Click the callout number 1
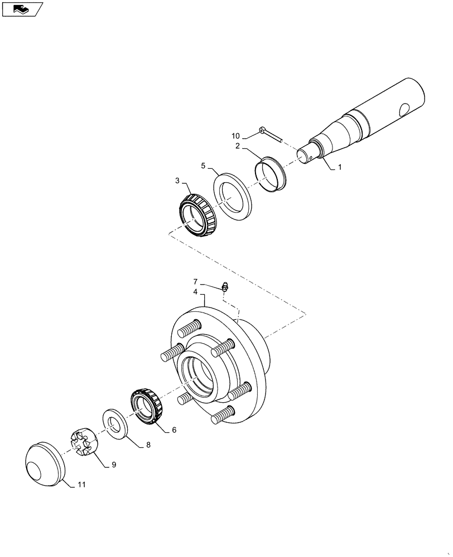340,167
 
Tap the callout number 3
177,181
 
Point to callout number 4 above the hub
195,292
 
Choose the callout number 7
195,282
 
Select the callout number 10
236,136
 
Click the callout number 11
81,486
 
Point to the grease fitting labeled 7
225,287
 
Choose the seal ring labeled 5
233,198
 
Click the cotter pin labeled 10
271,134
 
